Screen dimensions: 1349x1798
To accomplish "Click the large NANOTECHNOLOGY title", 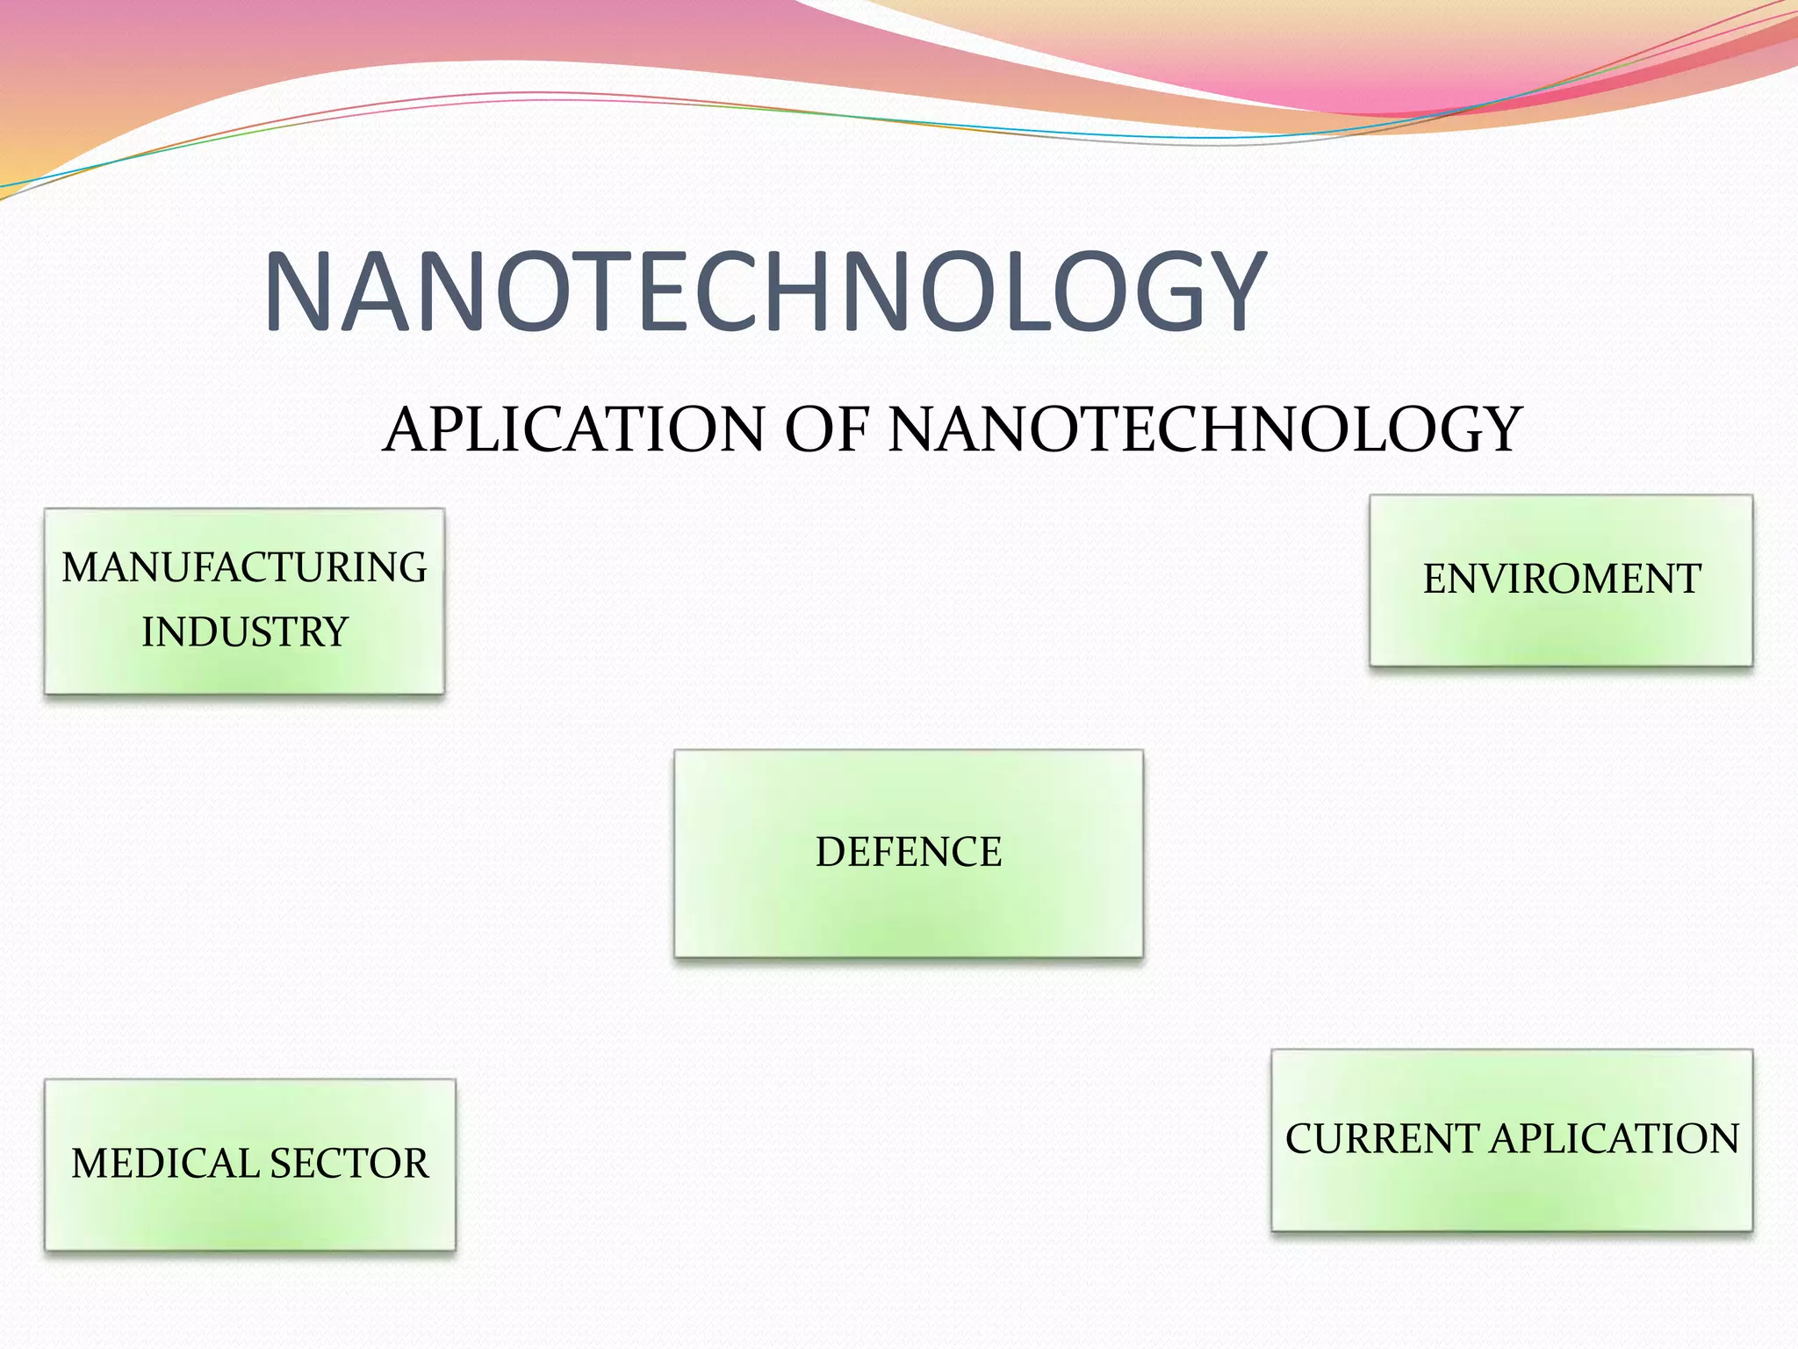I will point(764,292).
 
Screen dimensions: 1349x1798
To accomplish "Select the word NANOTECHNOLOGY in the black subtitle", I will point(1205,429).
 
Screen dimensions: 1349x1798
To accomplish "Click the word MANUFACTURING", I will point(244,567).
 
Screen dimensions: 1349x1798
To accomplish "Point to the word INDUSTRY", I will point(245,632).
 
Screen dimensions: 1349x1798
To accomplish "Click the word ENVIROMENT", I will point(1562,580).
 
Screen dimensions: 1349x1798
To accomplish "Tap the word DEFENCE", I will point(909,852).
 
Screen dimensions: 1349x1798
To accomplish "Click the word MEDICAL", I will point(164,1164).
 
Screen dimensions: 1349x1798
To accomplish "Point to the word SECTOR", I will point(349,1164).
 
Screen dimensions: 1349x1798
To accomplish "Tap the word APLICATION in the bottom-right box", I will point(1615,1139).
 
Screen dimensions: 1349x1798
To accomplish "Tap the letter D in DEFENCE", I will point(830,852).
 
